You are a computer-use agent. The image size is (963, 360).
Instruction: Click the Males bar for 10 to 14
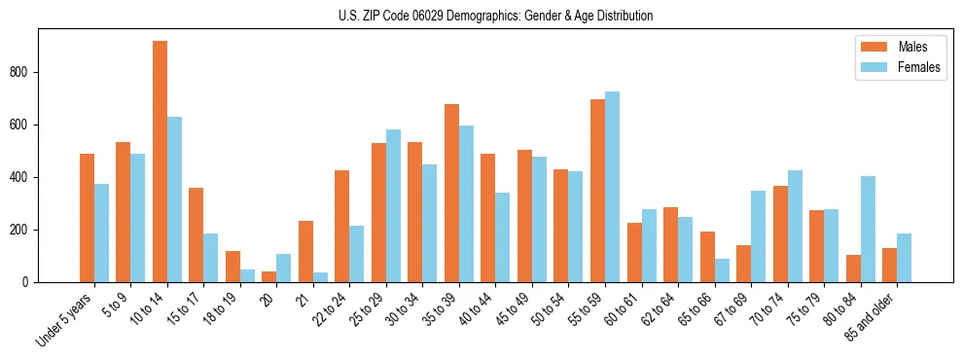click(x=160, y=162)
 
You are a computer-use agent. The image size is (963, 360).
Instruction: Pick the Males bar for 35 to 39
click(x=452, y=193)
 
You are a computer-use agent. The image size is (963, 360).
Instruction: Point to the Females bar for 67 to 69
click(x=758, y=236)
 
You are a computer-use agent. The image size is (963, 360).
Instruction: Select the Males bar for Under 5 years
click(x=87, y=218)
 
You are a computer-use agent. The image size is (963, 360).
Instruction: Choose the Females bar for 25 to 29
click(x=393, y=205)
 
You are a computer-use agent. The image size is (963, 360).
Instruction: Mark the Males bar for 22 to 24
click(x=342, y=226)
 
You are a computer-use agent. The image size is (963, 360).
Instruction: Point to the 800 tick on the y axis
click(x=38, y=72)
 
